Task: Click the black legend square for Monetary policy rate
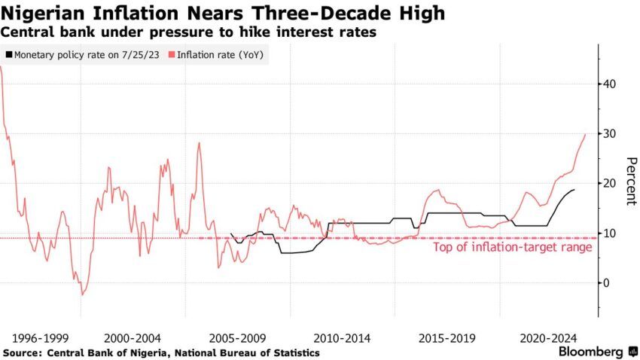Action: pos(9,55)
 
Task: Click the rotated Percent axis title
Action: pos(631,182)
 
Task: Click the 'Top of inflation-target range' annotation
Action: pos(508,246)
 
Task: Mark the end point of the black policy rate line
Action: pos(574,190)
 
